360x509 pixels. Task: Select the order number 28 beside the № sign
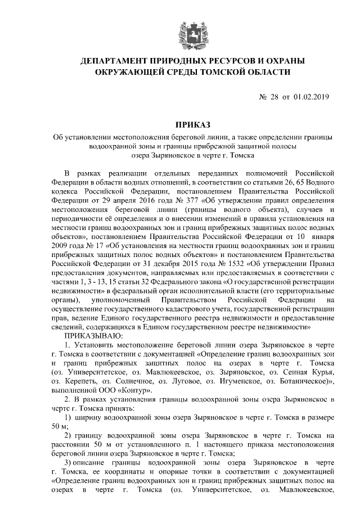274,97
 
